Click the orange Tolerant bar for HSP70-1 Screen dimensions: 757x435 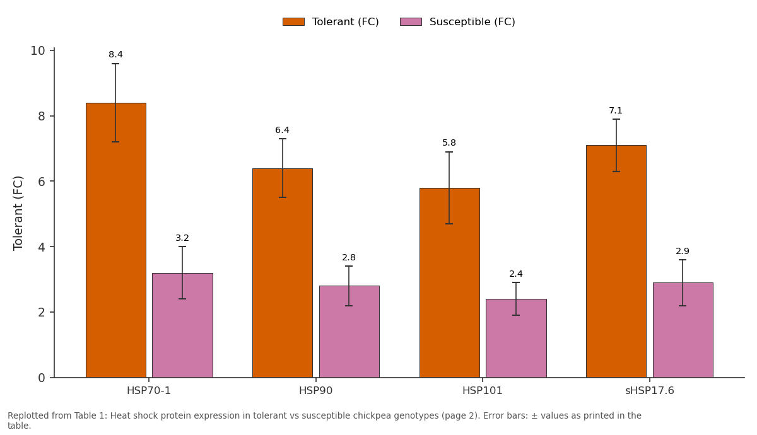116,240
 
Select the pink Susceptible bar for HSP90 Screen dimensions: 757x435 349,332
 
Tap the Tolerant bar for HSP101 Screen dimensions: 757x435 449,282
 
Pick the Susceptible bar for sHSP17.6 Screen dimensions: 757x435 683,330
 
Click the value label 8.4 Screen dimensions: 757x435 115,54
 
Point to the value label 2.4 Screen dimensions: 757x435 516,274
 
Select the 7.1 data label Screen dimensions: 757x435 616,110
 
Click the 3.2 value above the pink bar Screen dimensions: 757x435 182,238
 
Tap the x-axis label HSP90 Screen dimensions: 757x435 315,391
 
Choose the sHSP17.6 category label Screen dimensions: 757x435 650,391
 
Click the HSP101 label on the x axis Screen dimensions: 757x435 482,391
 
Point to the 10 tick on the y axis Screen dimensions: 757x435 38,50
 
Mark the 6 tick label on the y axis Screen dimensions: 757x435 42,182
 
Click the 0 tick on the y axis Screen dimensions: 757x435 42,378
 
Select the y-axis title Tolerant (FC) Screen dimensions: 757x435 18,214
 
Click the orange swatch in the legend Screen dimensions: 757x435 293,22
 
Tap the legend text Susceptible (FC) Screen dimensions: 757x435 472,22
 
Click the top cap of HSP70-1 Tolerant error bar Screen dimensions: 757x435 115,64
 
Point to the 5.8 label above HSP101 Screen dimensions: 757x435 449,142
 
